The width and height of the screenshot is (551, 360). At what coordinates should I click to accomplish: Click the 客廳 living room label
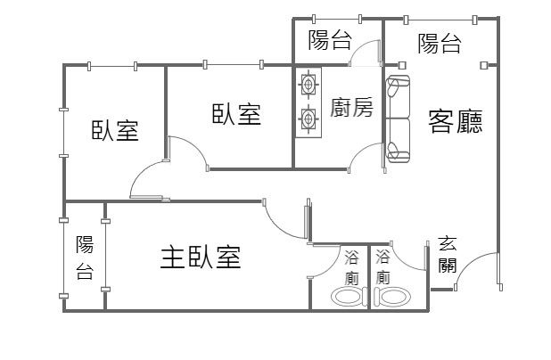[456, 121]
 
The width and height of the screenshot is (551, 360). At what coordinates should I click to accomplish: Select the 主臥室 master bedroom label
[201, 258]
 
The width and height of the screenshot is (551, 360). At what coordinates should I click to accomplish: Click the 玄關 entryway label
[448, 253]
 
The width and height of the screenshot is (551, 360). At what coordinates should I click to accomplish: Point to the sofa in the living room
[398, 120]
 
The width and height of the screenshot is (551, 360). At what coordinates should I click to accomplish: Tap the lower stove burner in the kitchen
[308, 118]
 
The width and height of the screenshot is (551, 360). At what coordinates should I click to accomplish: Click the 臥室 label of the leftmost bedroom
[115, 130]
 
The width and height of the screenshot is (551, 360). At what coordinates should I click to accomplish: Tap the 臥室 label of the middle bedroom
[236, 113]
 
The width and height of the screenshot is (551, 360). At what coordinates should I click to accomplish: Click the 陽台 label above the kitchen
[329, 39]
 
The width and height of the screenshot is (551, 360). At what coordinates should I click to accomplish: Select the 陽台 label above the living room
[439, 43]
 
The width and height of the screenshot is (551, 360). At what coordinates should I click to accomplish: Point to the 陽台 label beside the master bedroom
[85, 258]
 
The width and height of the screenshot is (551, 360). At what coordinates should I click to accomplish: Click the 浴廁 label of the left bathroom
[351, 266]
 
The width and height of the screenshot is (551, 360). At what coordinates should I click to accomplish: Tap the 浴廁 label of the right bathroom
[383, 266]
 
